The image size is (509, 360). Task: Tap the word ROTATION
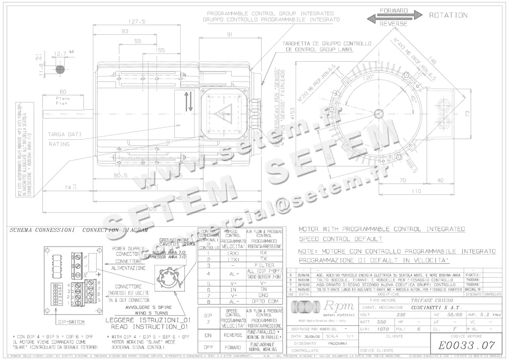[x=448, y=15]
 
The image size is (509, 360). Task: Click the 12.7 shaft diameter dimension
[x=61, y=54]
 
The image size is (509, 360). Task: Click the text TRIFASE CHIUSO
[x=428, y=300]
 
